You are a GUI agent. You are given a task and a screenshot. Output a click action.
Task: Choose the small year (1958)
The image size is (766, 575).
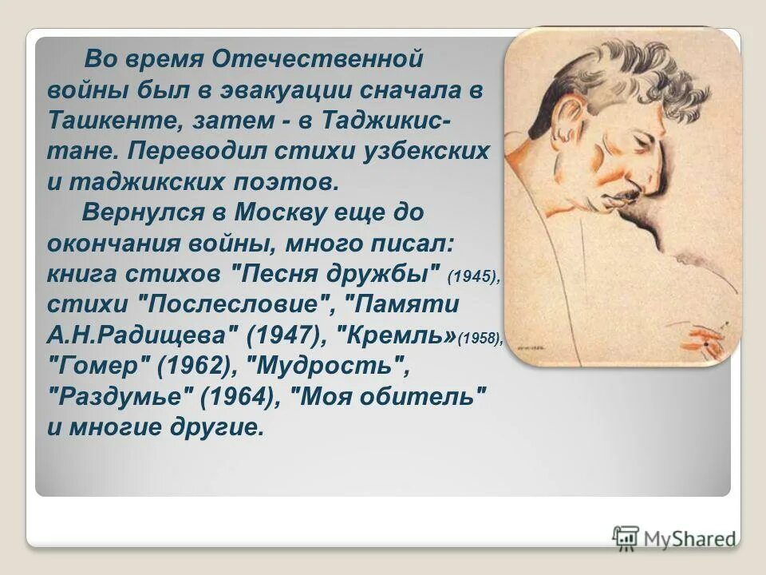[480, 339]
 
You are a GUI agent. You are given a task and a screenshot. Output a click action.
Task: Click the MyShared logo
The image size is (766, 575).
[674, 538]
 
